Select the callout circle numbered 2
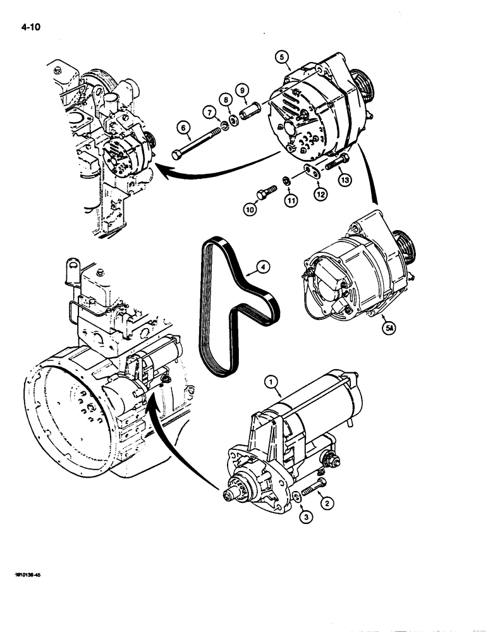[326, 504]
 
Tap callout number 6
[185, 128]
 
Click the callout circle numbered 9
[242, 90]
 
